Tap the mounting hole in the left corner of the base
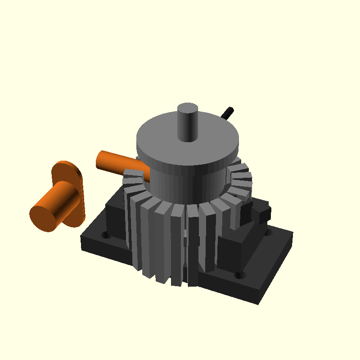(106, 235)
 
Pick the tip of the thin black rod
(230, 109)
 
